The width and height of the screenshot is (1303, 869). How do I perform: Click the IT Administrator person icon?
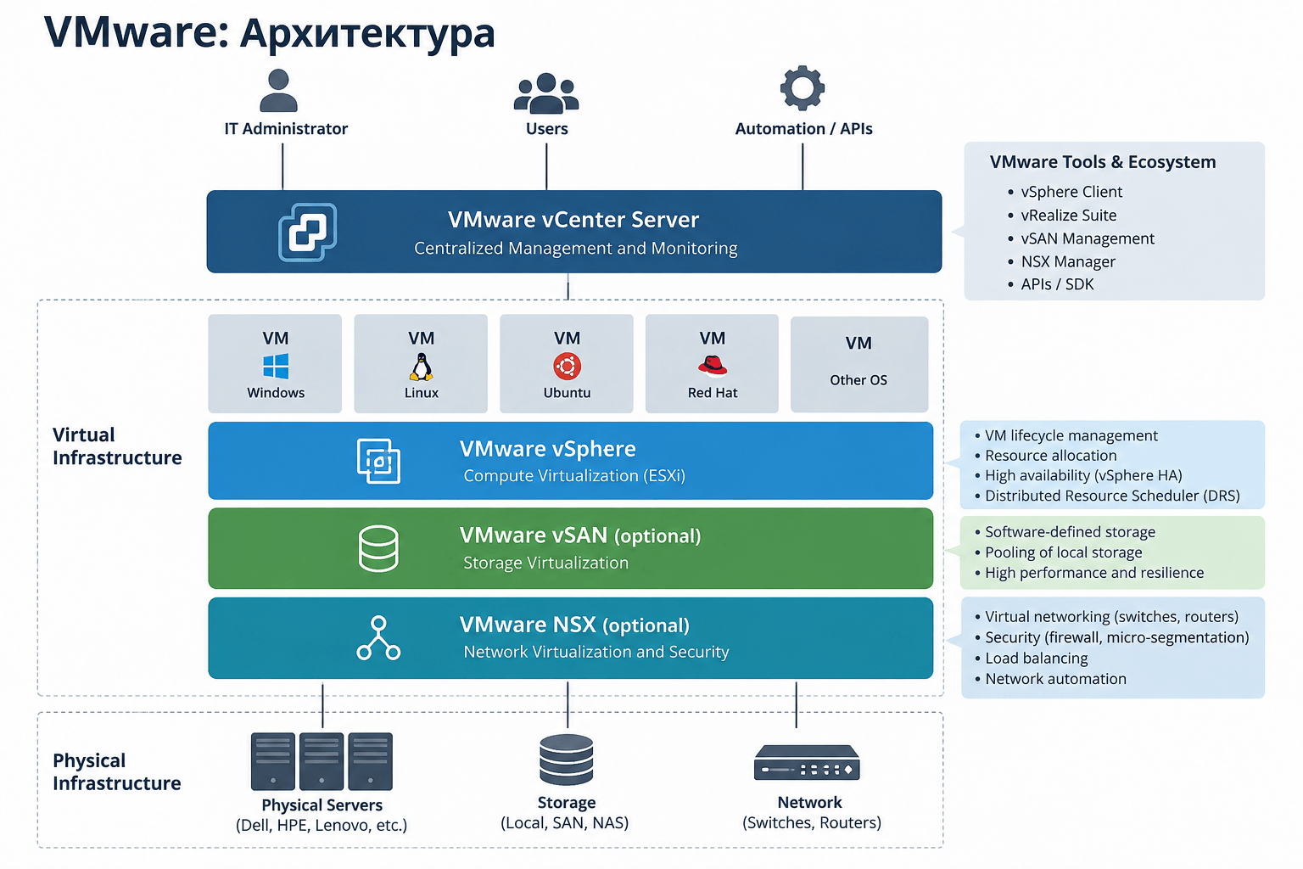tap(278, 91)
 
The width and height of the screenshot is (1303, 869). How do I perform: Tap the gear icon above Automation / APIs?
tap(802, 88)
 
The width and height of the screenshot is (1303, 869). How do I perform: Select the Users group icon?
tap(546, 93)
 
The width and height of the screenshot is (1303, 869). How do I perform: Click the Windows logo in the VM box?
tap(276, 367)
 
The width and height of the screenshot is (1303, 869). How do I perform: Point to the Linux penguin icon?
tap(421, 367)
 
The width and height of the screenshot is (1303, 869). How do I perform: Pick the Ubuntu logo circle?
tap(567, 367)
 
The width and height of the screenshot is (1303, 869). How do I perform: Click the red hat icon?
tap(713, 366)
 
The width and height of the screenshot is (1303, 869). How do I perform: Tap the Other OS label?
tap(858, 380)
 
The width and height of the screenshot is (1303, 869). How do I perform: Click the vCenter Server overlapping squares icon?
tap(308, 232)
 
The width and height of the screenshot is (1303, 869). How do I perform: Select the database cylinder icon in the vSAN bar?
tap(378, 547)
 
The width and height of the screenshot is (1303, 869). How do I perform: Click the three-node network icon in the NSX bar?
tap(378, 637)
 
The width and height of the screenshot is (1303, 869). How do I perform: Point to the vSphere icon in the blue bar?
tap(378, 461)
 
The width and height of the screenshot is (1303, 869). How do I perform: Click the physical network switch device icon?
tap(807, 762)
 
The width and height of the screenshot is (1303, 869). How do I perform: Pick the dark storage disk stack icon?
tap(566, 759)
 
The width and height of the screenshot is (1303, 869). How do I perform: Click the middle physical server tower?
tap(322, 761)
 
